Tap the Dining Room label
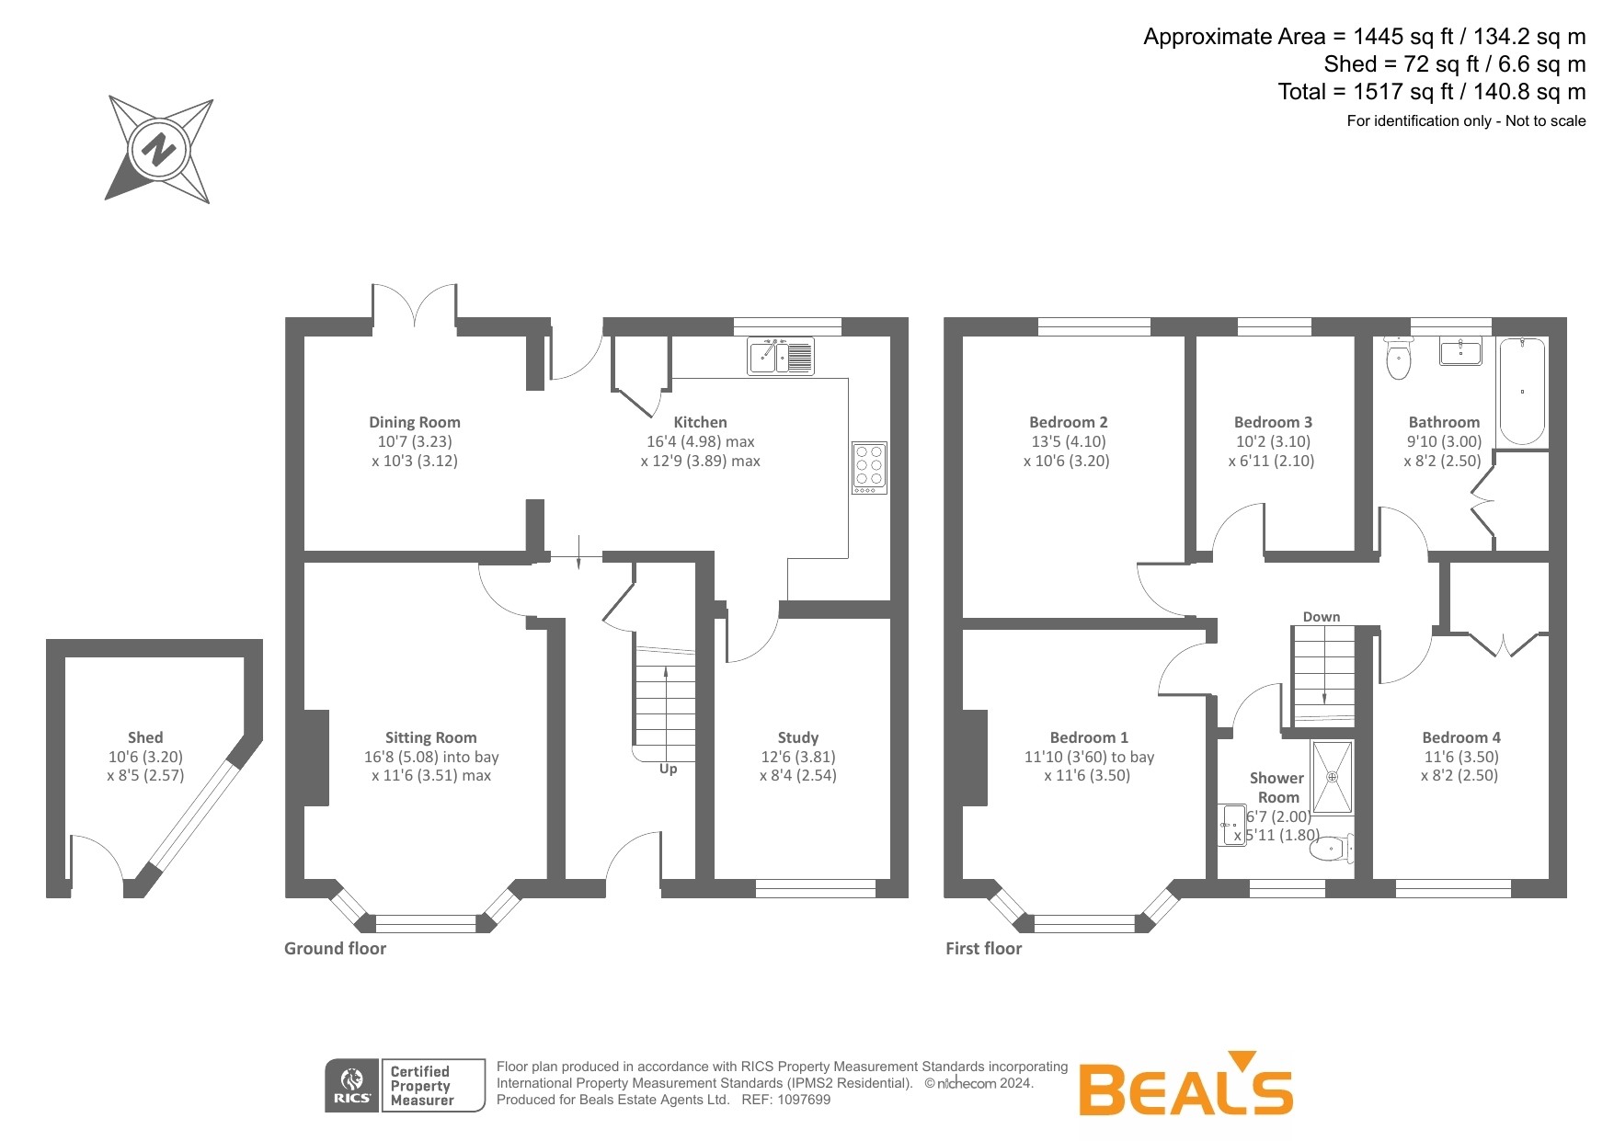[414, 422]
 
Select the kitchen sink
[781, 356]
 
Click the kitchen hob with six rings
[869, 467]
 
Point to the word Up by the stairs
[668, 769]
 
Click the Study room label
[797, 737]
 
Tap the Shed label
[145, 737]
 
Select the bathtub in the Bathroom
[1522, 391]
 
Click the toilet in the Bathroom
[1398, 360]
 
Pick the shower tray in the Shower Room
[1332, 778]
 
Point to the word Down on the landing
[1321, 617]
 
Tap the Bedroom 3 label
[1273, 422]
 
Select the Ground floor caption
[335, 949]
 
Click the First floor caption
[983, 949]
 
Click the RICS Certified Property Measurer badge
[405, 1086]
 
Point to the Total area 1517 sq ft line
[1431, 92]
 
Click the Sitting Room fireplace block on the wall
[315, 758]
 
